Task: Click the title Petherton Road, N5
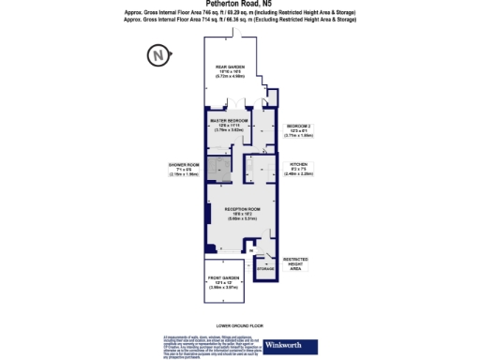pos(239,4)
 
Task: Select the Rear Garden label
pos(230,67)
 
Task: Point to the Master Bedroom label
pos(229,122)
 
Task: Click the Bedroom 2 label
pos(298,126)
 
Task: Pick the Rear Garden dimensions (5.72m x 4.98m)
pos(230,77)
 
